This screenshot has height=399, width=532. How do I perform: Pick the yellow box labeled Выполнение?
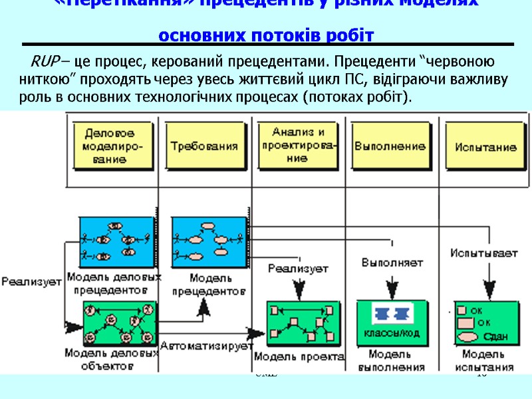(390, 146)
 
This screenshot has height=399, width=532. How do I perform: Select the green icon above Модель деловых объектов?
(120, 323)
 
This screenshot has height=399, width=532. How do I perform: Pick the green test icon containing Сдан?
(484, 323)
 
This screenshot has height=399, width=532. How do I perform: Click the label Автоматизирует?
(206, 346)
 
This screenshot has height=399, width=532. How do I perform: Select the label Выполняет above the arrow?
(392, 262)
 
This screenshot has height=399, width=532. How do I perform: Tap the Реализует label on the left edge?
(31, 282)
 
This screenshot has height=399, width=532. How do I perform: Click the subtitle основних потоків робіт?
(267, 35)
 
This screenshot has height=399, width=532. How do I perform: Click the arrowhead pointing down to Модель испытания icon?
(489, 293)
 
